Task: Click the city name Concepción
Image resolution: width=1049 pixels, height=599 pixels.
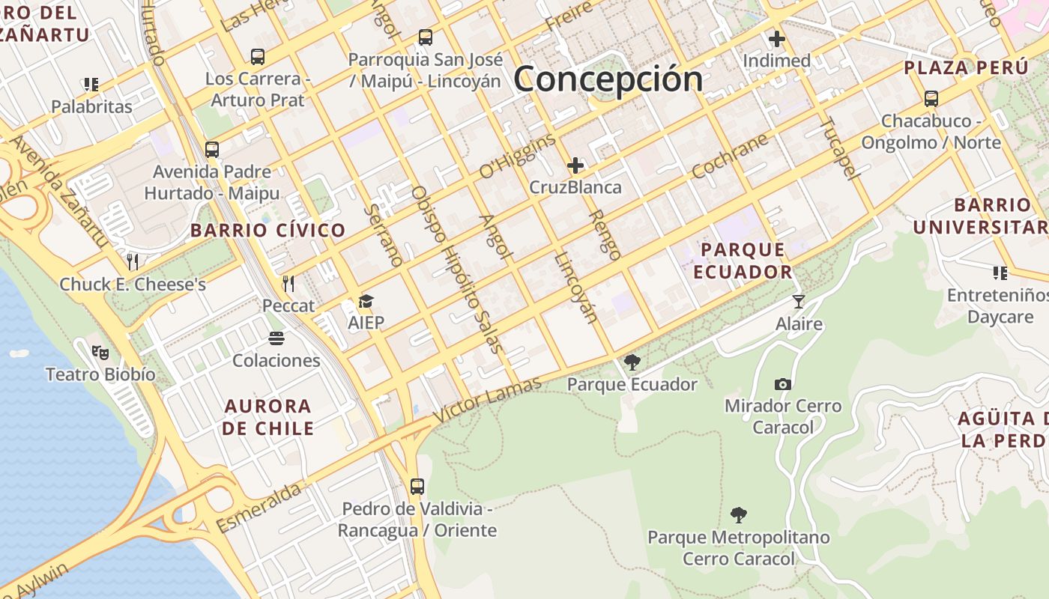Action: (x=608, y=79)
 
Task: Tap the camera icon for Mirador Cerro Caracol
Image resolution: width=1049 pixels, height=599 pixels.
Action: (x=783, y=384)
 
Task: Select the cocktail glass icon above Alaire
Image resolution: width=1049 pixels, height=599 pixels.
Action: (x=799, y=301)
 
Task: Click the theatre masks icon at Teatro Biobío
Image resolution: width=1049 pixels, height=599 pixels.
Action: (x=100, y=351)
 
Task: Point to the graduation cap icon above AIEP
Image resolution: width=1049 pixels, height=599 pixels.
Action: (x=366, y=301)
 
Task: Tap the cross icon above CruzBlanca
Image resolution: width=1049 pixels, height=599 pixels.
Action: (x=575, y=165)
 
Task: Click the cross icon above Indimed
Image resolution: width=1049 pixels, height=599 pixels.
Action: (x=776, y=38)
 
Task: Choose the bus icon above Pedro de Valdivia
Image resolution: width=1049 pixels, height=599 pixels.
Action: (x=417, y=487)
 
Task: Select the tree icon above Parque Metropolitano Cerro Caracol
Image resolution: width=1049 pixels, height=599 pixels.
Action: (x=739, y=514)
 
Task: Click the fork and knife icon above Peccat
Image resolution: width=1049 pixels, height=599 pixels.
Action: (x=288, y=283)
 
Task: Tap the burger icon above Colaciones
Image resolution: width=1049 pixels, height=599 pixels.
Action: (x=276, y=338)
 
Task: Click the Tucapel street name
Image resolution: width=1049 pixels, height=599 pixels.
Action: (x=838, y=148)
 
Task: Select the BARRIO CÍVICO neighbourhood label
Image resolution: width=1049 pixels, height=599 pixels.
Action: (x=267, y=230)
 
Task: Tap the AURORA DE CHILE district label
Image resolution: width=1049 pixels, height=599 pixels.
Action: (x=267, y=417)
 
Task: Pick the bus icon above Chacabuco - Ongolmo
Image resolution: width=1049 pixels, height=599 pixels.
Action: (x=931, y=98)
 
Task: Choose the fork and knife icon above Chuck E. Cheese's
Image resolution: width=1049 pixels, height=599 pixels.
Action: (x=133, y=261)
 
